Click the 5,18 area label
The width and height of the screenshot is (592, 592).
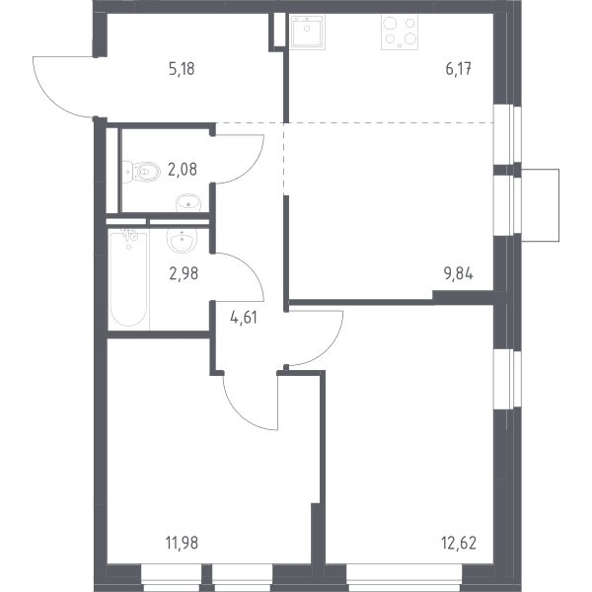tap(182, 70)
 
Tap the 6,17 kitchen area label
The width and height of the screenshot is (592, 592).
tap(459, 70)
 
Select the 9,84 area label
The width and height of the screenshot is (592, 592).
tap(459, 274)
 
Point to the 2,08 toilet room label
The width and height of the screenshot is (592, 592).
tap(183, 170)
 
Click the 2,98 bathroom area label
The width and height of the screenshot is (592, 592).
tap(184, 273)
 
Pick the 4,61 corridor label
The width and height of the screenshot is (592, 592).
tap(244, 318)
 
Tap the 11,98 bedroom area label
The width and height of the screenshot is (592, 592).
tap(182, 544)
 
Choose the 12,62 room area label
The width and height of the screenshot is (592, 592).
tap(459, 544)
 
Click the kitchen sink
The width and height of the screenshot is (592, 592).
tap(308, 33)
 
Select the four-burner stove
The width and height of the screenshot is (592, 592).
tap(400, 33)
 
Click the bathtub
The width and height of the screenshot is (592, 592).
tap(128, 278)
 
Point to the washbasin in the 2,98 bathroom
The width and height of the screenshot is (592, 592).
tap(182, 241)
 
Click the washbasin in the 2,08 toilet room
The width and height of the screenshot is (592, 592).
tap(188, 203)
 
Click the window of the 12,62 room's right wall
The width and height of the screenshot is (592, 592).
tap(507, 379)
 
